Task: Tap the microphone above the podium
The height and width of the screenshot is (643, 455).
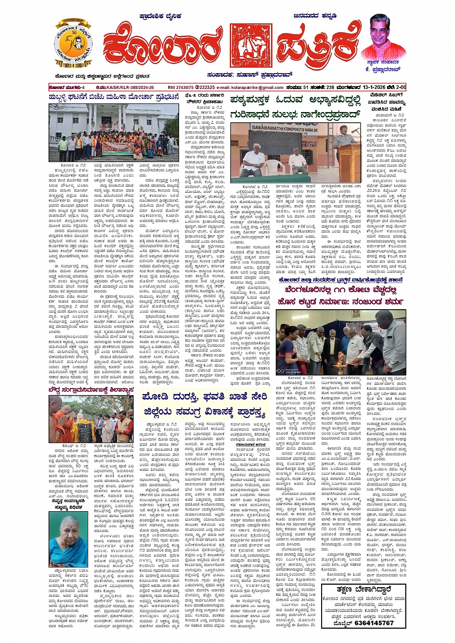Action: pos(355,130)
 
